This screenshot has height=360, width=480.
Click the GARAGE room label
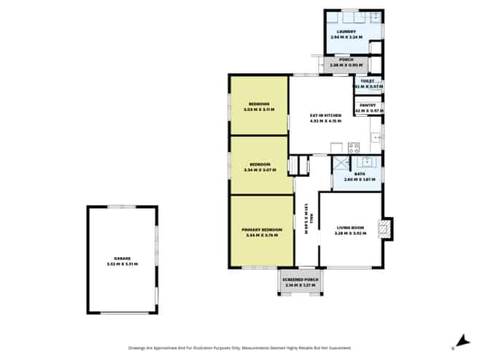pos(122,258)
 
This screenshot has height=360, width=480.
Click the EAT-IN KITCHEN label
pos(325,116)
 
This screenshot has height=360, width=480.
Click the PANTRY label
pos(368,105)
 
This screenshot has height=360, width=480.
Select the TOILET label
pos(367,82)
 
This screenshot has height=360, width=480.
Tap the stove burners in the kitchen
pos(354,147)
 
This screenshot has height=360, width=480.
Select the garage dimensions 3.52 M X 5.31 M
pos(122,264)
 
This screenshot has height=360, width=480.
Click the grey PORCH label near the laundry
pos(341,60)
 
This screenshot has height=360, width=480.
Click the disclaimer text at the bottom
pos(239,348)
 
